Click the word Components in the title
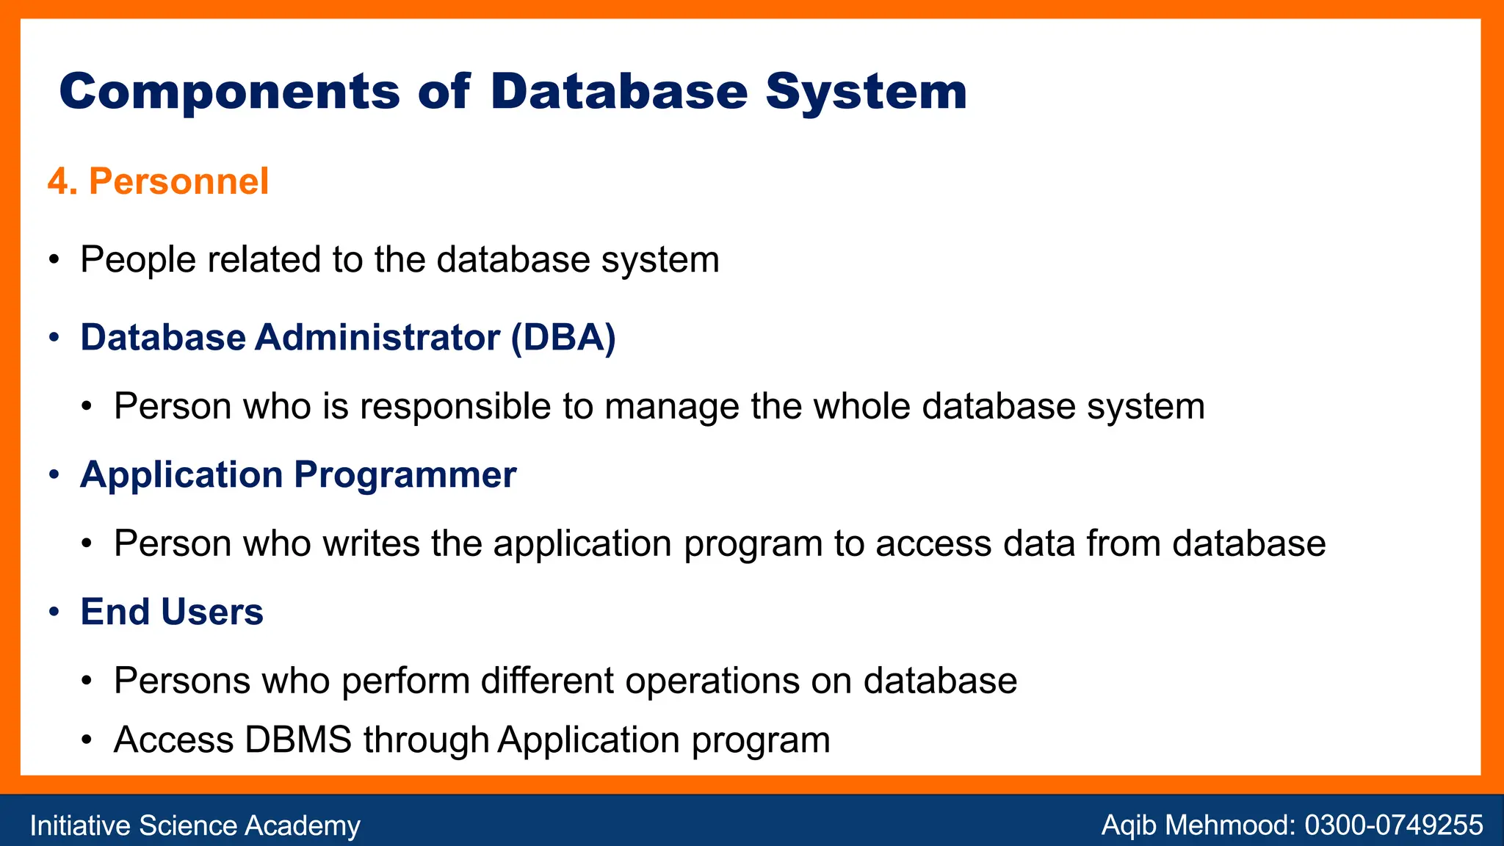pyautogui.click(x=229, y=93)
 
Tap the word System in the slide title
pyautogui.click(x=866, y=93)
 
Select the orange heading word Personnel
pyautogui.click(x=178, y=181)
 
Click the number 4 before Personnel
pyautogui.click(x=59, y=181)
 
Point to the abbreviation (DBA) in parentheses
pyautogui.click(x=563, y=338)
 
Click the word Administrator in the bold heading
pyautogui.click(x=377, y=338)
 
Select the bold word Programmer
pyautogui.click(x=405, y=475)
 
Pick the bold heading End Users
pyautogui.click(x=172, y=612)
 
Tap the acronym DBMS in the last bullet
pyautogui.click(x=298, y=740)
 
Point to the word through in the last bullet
pyautogui.click(x=426, y=740)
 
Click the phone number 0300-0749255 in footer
pyautogui.click(x=1393, y=825)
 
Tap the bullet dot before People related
pyautogui.click(x=54, y=261)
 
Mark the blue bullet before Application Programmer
pyautogui.click(x=54, y=475)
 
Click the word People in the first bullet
pyautogui.click(x=138, y=260)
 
